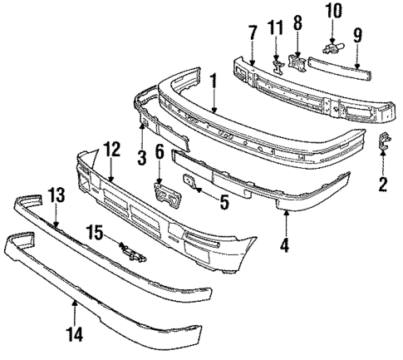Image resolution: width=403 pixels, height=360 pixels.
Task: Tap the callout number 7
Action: (253, 32)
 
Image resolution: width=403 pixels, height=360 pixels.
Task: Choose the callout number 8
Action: (297, 26)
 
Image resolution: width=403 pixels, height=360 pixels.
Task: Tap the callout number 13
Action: (56, 218)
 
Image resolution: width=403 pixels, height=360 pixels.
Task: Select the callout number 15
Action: (96, 235)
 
